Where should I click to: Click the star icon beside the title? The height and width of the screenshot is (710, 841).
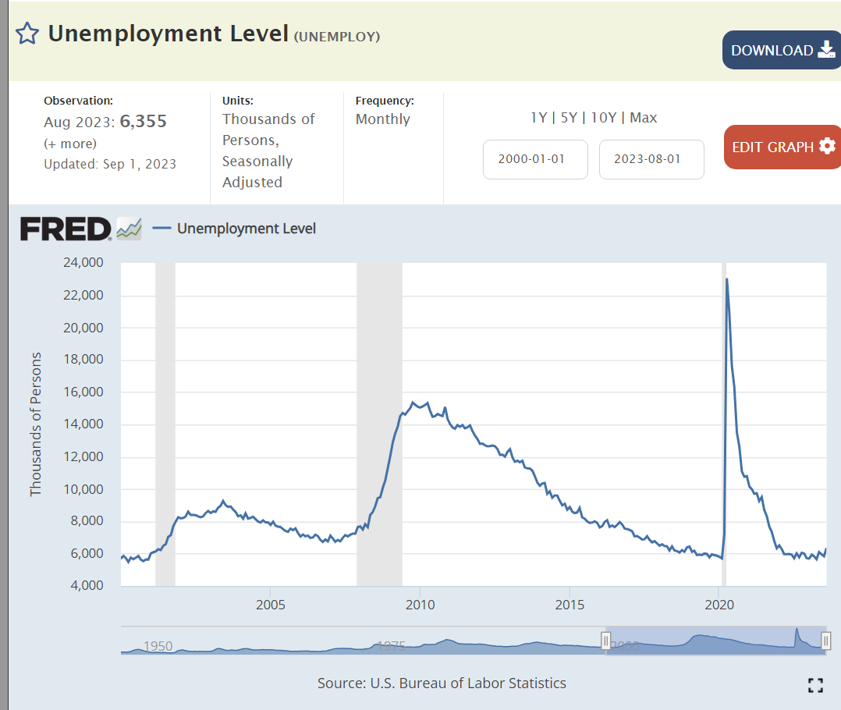tap(27, 34)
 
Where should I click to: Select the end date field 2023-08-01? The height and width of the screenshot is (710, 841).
tap(651, 159)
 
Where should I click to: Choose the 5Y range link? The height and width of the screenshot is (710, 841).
tap(570, 118)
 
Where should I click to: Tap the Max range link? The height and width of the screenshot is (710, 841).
tap(644, 118)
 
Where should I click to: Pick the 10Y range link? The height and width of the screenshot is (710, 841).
tap(605, 118)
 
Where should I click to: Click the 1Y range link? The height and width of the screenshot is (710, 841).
tap(538, 118)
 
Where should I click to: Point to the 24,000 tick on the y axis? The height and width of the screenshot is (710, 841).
tap(81, 263)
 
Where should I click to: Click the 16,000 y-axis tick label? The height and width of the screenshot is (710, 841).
tap(81, 392)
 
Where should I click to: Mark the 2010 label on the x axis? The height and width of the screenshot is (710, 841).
tap(420, 605)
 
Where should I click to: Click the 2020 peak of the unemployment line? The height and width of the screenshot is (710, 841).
tap(727, 279)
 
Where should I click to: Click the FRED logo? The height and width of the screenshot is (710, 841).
tap(66, 229)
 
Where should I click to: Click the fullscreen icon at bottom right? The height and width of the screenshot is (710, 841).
tap(815, 685)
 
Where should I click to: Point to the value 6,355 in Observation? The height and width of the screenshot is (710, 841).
tap(143, 122)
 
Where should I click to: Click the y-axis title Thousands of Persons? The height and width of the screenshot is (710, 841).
tap(36, 424)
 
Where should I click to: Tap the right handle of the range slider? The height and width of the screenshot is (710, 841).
tap(826, 641)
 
